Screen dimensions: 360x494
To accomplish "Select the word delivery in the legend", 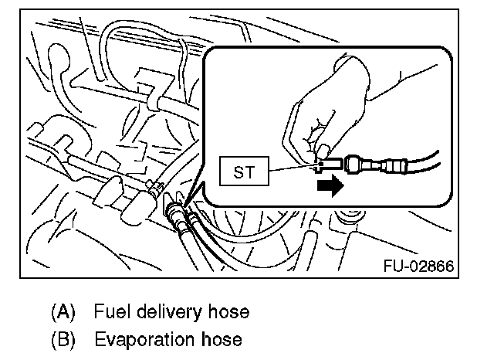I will pos(169,313).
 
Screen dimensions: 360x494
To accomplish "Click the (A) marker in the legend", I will pos(64,313).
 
